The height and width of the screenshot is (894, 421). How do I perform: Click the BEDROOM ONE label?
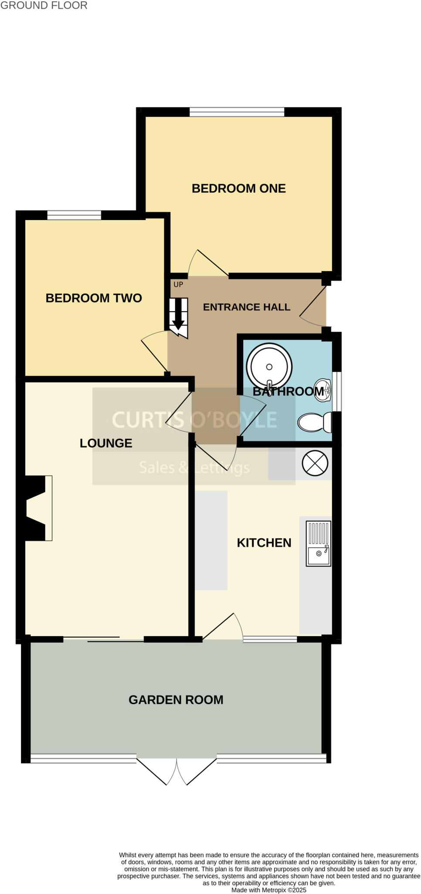pyautogui.click(x=238, y=188)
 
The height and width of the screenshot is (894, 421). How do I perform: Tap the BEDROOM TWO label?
pyautogui.click(x=94, y=298)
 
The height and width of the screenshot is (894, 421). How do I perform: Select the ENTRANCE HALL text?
pyautogui.click(x=246, y=307)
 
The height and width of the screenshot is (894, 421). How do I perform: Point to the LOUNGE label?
pyautogui.click(x=106, y=443)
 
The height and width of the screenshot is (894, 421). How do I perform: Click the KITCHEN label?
pyautogui.click(x=264, y=543)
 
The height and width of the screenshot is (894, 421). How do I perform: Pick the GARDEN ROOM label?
pyautogui.click(x=176, y=700)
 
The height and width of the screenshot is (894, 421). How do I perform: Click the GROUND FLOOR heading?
pyautogui.click(x=44, y=6)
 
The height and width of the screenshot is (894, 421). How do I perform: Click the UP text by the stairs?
pyautogui.click(x=178, y=285)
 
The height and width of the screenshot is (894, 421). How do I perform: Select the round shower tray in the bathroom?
pyautogui.click(x=269, y=367)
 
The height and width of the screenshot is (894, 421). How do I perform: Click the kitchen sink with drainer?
pyautogui.click(x=319, y=543)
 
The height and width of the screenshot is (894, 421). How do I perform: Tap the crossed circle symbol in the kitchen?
pyautogui.click(x=315, y=463)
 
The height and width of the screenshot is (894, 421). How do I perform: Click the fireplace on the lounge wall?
pyautogui.click(x=37, y=508)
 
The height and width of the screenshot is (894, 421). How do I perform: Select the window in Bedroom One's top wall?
pyautogui.click(x=237, y=112)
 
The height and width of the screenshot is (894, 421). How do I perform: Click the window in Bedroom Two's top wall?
pyautogui.click(x=74, y=215)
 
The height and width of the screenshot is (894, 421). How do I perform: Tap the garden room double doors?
pyautogui.click(x=177, y=770)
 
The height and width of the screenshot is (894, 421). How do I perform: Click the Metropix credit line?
pyautogui.click(x=268, y=890)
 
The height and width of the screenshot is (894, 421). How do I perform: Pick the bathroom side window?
pyautogui.click(x=336, y=391)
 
